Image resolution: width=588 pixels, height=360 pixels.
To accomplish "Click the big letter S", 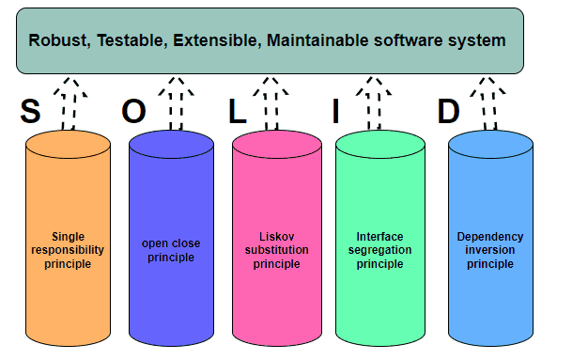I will [x=31, y=113].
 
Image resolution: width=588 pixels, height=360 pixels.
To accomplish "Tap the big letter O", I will [x=134, y=113].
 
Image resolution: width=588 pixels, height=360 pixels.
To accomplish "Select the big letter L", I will [x=238, y=113].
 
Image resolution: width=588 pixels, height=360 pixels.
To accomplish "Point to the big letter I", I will [x=335, y=113].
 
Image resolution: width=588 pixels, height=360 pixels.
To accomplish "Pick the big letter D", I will [x=449, y=113].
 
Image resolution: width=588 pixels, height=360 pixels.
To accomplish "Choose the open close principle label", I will [x=171, y=250].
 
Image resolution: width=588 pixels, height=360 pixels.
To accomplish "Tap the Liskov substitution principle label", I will [x=276, y=250].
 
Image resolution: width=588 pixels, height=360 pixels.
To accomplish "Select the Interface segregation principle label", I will [x=379, y=250].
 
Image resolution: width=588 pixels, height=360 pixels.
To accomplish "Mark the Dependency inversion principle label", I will [x=490, y=250].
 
